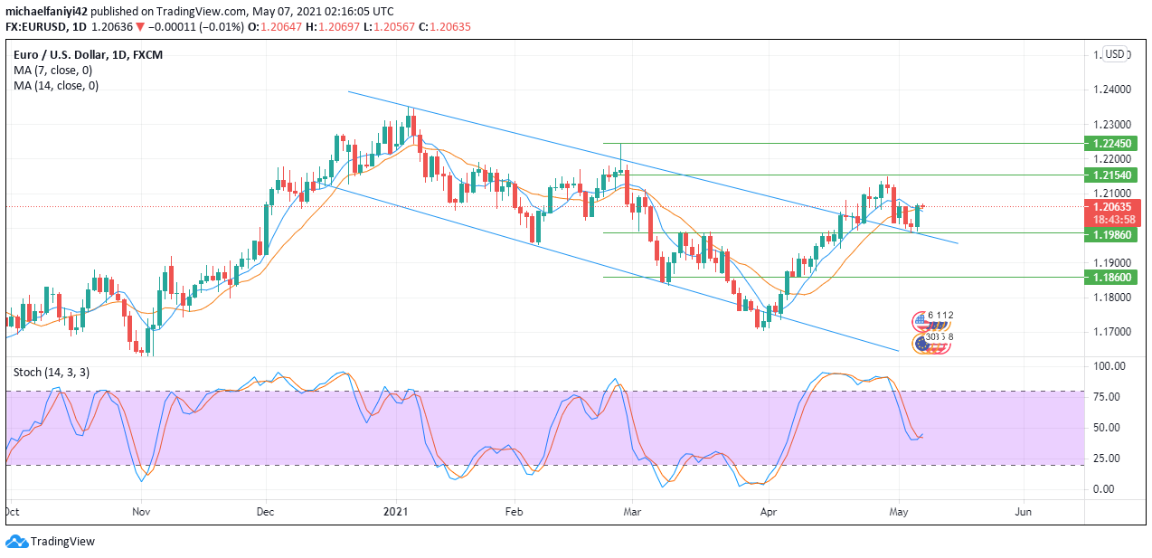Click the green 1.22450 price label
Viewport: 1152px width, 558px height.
[x=1110, y=143]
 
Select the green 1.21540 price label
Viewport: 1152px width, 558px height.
[x=1110, y=175]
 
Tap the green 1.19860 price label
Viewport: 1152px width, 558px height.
[x=1110, y=233]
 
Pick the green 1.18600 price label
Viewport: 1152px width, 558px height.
[x=1110, y=277]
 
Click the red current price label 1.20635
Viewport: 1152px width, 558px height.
[x=1110, y=206]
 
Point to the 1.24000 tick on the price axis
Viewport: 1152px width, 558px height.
[x=1110, y=90]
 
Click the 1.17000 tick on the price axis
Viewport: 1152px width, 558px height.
[x=1110, y=332]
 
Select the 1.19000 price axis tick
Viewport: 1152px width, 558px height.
[x=1110, y=262]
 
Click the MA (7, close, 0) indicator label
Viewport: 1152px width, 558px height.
[x=52, y=70]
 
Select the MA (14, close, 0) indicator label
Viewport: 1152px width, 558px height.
[x=56, y=86]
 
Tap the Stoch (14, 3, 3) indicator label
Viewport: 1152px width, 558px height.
[x=52, y=372]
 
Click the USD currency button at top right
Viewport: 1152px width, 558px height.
[x=1115, y=54]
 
